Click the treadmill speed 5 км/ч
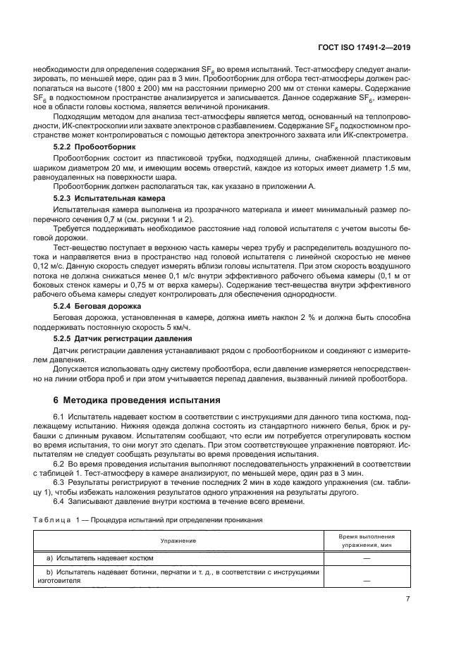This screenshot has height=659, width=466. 180,328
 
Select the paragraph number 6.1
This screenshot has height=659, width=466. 59,419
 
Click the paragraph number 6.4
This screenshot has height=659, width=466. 59,501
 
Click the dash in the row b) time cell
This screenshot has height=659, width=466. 367,580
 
